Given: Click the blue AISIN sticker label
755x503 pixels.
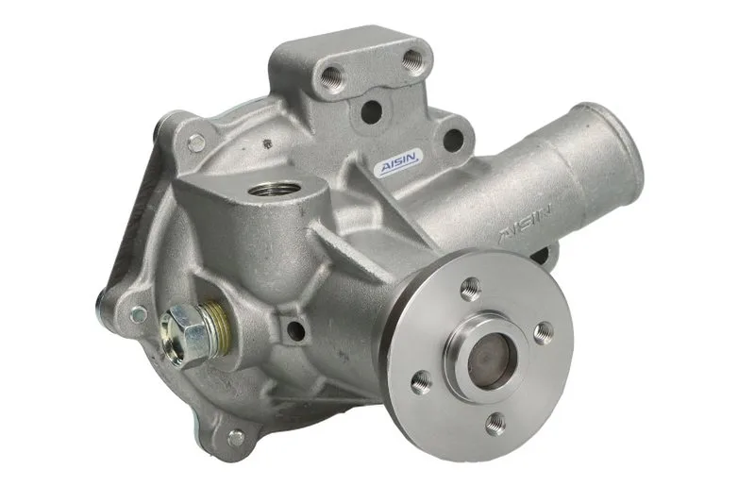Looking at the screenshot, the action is tap(399, 163).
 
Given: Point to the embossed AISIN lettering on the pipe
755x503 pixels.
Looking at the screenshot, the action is tap(526, 223).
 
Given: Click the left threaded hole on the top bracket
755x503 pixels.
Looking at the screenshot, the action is tap(332, 77).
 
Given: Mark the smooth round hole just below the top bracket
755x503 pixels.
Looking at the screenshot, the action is tap(370, 111).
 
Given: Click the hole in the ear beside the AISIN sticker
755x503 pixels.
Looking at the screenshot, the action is tap(452, 139).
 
